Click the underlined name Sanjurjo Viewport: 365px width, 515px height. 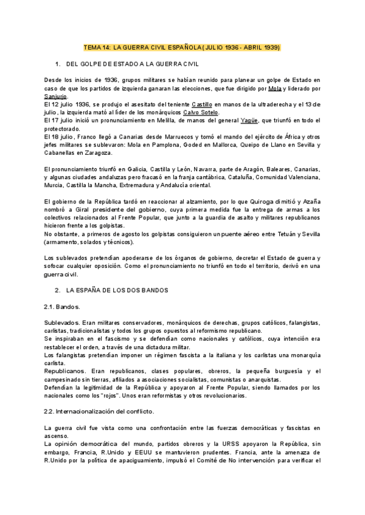[x=56, y=96]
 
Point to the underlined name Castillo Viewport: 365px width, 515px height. [x=202, y=104]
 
